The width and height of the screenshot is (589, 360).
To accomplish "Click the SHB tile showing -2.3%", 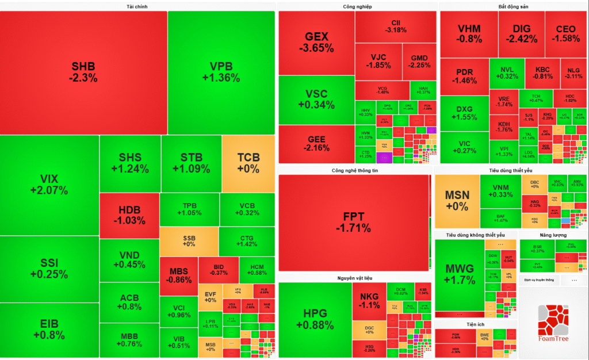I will point(83,72).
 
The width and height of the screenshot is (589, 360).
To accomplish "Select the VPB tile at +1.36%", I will point(221,72).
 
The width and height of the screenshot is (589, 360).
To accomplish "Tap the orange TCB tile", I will point(248,163).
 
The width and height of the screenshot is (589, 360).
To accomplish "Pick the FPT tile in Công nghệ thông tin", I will point(354,222).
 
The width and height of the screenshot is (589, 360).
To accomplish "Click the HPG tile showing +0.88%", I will point(315,319).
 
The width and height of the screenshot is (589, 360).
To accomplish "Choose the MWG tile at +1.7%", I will point(460,274).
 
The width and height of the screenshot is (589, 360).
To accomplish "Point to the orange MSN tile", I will point(457,200).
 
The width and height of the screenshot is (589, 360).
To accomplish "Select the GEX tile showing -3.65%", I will point(316,42).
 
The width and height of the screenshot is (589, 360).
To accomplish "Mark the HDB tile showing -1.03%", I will point(129,216).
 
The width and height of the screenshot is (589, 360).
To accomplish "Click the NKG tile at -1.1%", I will point(369,301).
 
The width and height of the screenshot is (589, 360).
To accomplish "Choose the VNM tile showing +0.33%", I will point(500,191).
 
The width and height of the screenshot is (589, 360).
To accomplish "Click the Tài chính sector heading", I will point(137,7).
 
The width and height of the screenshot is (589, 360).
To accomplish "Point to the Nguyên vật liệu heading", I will point(354,278).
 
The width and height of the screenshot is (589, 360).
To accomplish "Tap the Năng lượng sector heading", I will point(553,235).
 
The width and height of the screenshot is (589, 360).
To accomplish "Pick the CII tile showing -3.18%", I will point(396,26).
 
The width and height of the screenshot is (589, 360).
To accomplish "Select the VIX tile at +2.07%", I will point(49,185).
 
